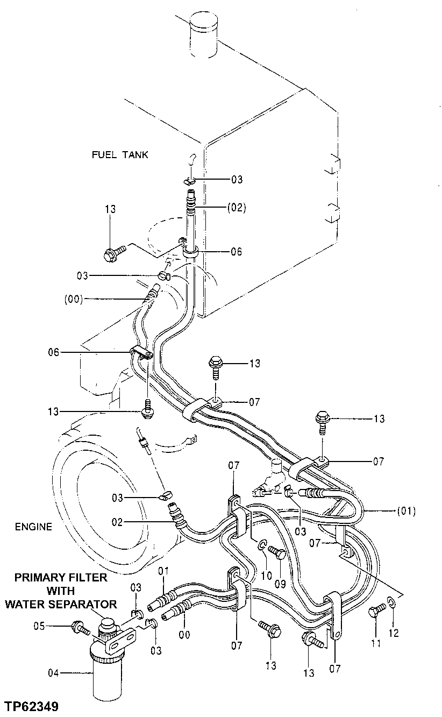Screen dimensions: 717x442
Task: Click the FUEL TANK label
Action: (119, 155)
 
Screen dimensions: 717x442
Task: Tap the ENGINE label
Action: (34, 527)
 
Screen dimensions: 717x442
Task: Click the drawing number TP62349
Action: (31, 706)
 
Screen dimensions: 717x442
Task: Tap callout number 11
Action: (375, 642)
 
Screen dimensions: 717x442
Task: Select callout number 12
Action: (394, 633)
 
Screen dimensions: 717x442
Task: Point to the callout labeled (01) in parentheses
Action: (406, 510)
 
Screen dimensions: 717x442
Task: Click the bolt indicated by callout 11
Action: (376, 611)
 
